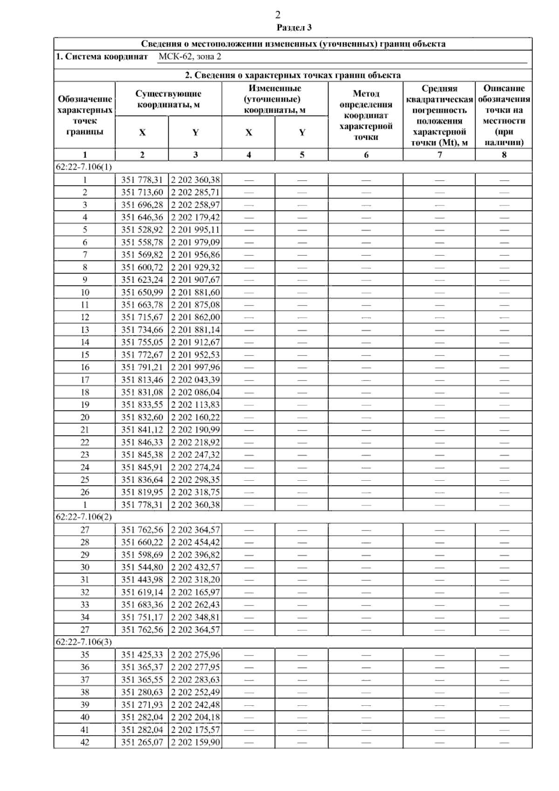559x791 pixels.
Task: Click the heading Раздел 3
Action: click(x=294, y=27)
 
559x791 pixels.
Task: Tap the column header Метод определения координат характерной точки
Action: click(x=366, y=115)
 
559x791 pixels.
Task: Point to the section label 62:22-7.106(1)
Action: click(x=84, y=167)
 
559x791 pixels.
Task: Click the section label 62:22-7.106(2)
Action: click(x=84, y=517)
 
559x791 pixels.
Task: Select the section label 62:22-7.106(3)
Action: click(x=84, y=642)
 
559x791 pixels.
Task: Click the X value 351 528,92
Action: click(x=142, y=230)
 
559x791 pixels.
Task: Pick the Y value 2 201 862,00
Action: click(x=195, y=317)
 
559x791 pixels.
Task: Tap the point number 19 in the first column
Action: click(x=85, y=405)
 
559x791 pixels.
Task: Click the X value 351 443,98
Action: click(x=142, y=580)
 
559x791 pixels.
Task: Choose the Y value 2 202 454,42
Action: click(x=195, y=542)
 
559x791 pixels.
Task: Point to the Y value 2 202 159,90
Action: click(x=195, y=742)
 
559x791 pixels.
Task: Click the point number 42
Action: click(x=85, y=742)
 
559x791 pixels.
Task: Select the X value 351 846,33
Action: click(x=142, y=442)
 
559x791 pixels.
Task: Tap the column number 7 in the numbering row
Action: click(x=439, y=155)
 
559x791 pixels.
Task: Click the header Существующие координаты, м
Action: click(x=168, y=99)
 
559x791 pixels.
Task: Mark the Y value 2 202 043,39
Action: click(x=195, y=380)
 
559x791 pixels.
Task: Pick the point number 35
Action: click(x=85, y=655)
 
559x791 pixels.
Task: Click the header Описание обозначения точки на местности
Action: click(x=504, y=115)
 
